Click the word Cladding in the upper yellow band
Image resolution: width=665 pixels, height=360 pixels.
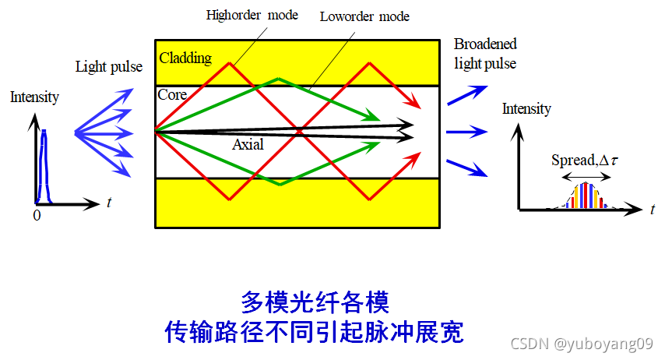pyautogui.click(x=185, y=58)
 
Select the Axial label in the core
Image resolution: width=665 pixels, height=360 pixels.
pyautogui.click(x=248, y=145)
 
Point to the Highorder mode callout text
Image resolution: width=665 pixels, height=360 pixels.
pyautogui.click(x=252, y=16)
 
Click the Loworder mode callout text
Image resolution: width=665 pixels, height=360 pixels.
pyautogui.click(x=364, y=16)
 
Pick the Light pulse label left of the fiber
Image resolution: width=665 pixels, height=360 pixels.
pyautogui.click(x=108, y=67)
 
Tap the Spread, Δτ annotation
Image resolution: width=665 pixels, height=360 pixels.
pyautogui.click(x=583, y=161)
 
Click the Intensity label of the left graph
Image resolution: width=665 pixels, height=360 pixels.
pyautogui.click(x=34, y=97)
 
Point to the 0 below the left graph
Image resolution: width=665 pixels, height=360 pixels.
pyautogui.click(x=37, y=216)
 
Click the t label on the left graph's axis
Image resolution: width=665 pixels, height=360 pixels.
pyautogui.click(x=108, y=204)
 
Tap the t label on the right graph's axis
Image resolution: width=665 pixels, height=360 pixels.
pyautogui.click(x=652, y=209)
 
